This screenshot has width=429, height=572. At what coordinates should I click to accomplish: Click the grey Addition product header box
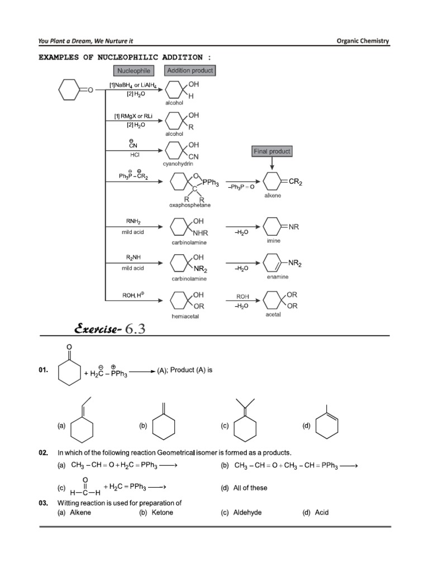(x=190, y=71)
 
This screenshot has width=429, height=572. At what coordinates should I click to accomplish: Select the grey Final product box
(x=272, y=151)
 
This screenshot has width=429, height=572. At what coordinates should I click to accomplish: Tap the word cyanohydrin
(x=178, y=164)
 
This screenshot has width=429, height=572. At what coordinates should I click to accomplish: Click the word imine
(x=274, y=241)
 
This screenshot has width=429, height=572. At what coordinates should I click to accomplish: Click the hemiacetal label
(x=185, y=316)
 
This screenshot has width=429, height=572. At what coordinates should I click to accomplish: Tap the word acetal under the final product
(x=273, y=314)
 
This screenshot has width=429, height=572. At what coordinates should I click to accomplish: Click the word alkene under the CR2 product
(x=273, y=196)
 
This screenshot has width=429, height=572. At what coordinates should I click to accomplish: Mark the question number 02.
(x=43, y=452)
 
